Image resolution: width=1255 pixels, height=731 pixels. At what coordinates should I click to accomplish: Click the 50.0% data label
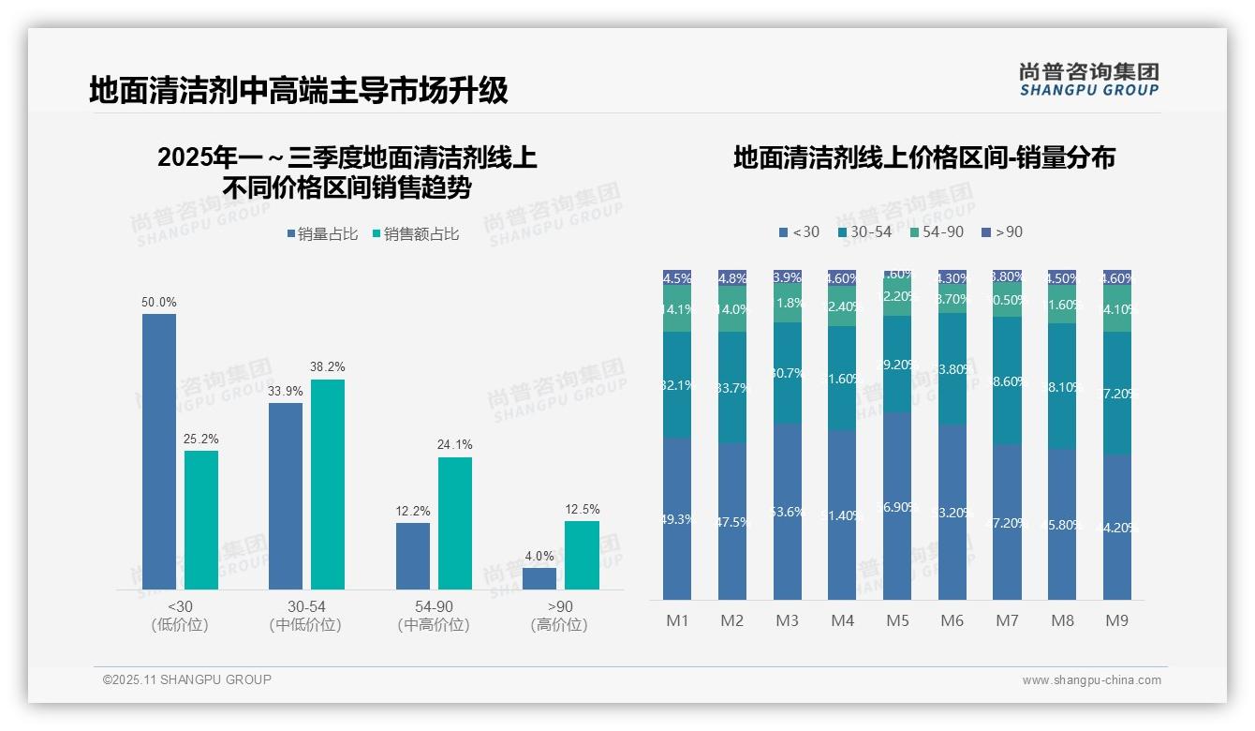tap(159, 303)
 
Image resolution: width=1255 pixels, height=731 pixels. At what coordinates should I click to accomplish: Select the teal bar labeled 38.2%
tap(328, 484)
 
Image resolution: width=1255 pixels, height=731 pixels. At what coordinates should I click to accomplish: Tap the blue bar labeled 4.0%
tap(539, 578)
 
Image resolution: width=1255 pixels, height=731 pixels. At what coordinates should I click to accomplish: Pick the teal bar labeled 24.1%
tap(455, 523)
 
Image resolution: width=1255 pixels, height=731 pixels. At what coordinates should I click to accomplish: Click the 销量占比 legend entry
tap(322, 234)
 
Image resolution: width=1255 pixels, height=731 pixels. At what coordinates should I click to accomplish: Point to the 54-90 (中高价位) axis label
tap(434, 616)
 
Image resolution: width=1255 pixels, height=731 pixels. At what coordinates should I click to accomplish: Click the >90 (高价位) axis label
tap(559, 616)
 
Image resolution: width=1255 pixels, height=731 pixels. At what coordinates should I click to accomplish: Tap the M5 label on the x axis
tap(897, 620)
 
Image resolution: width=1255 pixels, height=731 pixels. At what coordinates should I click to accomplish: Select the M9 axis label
tap(1116, 620)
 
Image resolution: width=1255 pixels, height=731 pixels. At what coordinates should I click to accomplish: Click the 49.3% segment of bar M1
tap(677, 518)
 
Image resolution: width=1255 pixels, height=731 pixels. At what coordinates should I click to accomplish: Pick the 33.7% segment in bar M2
tap(732, 387)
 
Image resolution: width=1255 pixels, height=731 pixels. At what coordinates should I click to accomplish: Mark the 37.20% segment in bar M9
tap(1116, 394)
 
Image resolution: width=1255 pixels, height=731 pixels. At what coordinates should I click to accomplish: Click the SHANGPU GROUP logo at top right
tap(1088, 80)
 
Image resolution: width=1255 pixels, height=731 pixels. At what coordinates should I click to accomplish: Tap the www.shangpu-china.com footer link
tap(1091, 680)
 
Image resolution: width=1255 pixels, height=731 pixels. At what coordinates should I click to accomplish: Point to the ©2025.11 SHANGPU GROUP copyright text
tap(187, 679)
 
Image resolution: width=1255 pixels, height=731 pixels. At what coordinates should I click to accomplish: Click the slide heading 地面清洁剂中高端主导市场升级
tap(299, 90)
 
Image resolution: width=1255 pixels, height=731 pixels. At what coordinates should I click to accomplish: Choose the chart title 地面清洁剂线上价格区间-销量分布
tap(923, 157)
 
